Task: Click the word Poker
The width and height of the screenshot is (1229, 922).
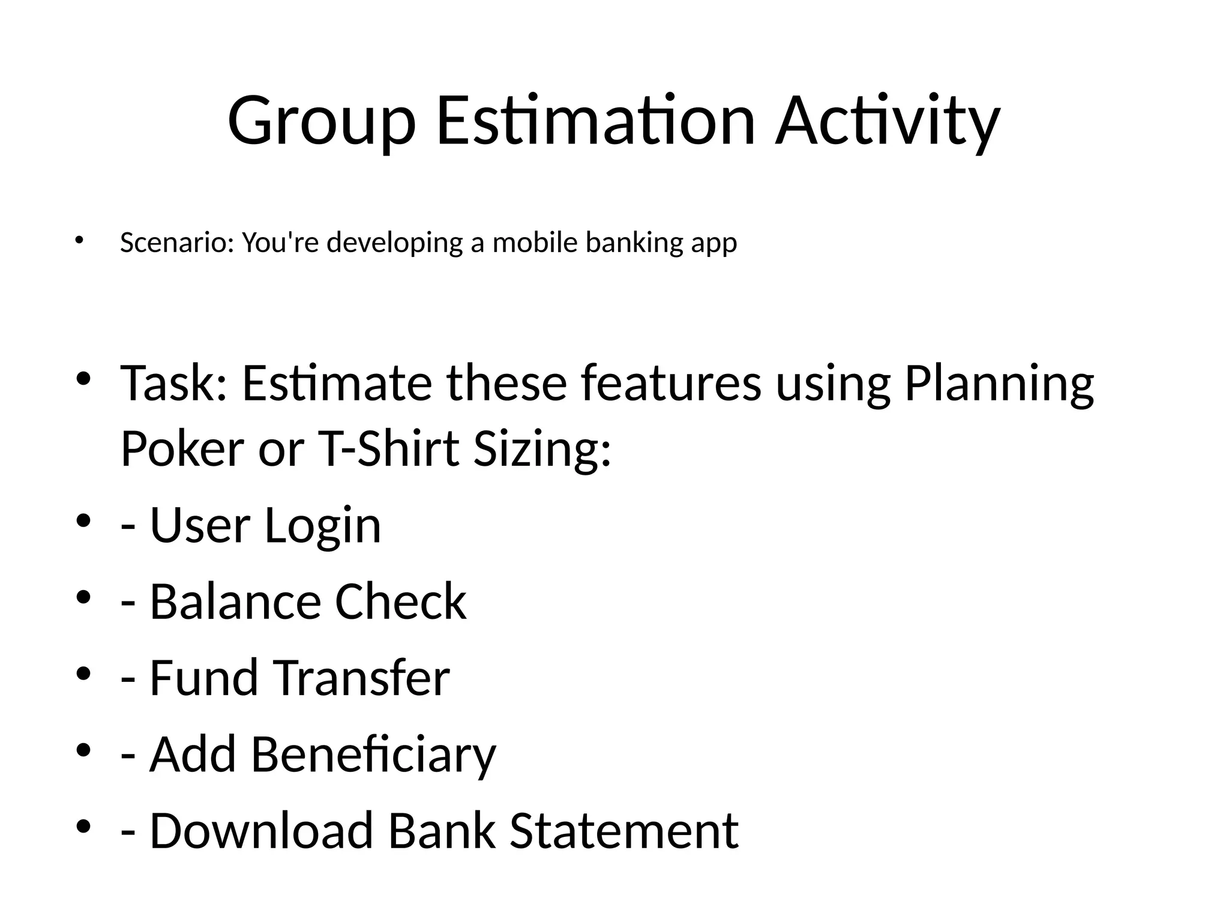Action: tap(182, 448)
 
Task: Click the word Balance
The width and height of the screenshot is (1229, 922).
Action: tap(235, 601)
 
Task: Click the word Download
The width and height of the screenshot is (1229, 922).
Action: tap(260, 831)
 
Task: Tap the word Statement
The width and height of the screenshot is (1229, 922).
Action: tap(624, 831)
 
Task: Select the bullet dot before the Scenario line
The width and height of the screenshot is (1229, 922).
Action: tap(78, 240)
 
